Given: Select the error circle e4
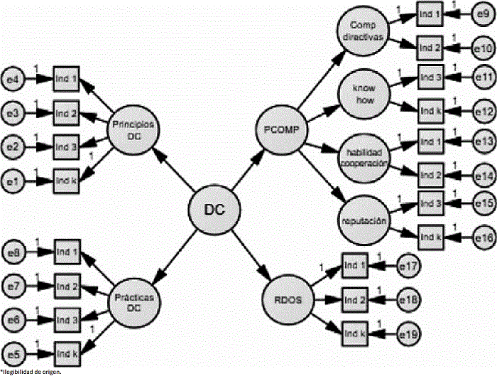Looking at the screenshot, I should pyautogui.click(x=13, y=78).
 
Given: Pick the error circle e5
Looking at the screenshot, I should pyautogui.click(x=13, y=353).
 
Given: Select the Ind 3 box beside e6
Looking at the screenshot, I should pyautogui.click(x=66, y=321).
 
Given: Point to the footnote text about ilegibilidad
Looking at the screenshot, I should pyautogui.click(x=32, y=371).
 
